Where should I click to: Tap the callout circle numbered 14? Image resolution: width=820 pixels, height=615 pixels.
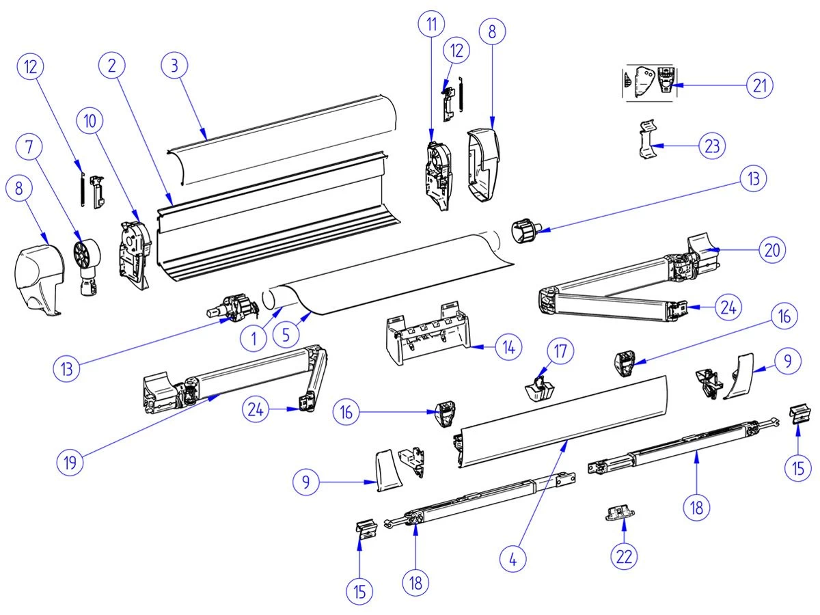[507, 347]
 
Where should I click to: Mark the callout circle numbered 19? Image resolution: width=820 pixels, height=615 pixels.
[69, 461]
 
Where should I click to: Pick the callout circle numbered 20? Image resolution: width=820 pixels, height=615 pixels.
[771, 250]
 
